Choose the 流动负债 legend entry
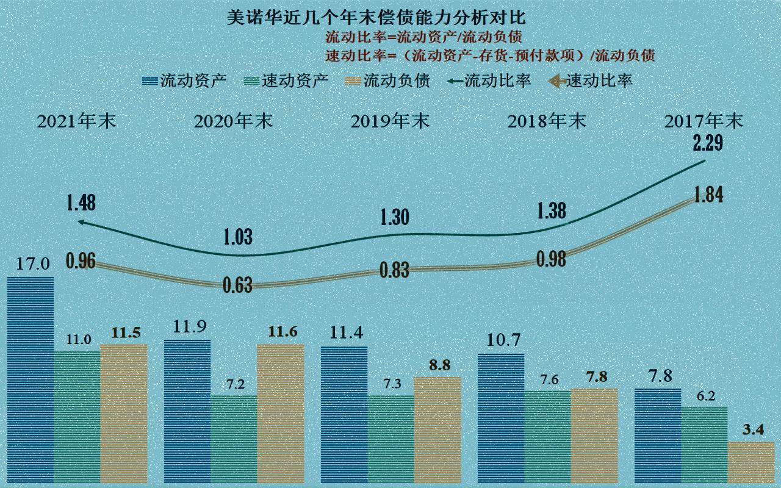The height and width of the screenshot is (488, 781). click(x=387, y=81)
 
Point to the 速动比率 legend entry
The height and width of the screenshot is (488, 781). click(x=590, y=81)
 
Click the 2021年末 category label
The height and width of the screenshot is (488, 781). click(x=76, y=121)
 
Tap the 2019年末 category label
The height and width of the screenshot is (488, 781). click(x=390, y=121)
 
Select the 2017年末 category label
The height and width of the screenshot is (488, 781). click(x=704, y=121)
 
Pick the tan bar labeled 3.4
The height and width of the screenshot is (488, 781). click(x=751, y=464)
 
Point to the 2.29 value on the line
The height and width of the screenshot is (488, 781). click(x=708, y=145)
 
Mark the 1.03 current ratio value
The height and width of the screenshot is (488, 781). click(x=238, y=237)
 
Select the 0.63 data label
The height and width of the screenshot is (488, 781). click(x=238, y=285)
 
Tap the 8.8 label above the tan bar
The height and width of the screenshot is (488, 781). click(x=437, y=366)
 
